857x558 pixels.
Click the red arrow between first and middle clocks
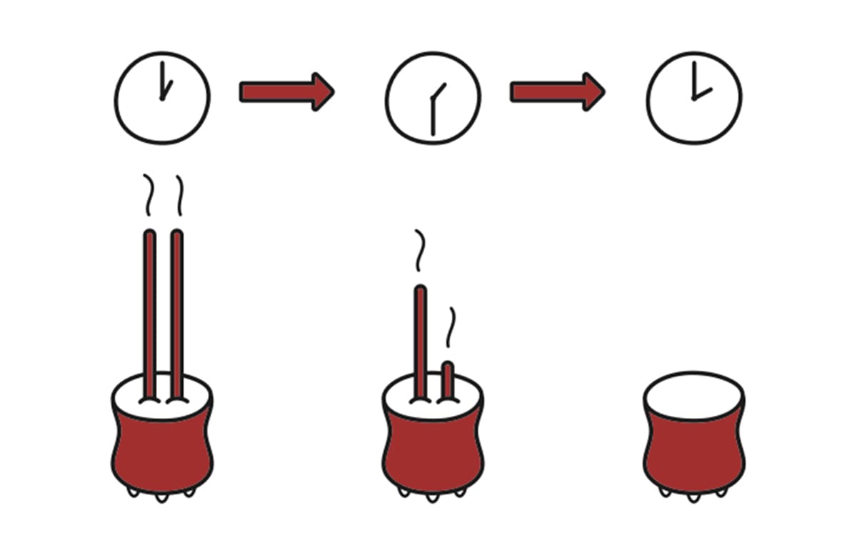(x=286, y=91)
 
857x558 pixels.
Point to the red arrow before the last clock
(x=556, y=91)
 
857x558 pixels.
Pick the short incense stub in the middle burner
(x=448, y=379)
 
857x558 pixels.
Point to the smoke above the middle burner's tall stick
(x=420, y=251)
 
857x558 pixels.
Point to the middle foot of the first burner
(x=162, y=496)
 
